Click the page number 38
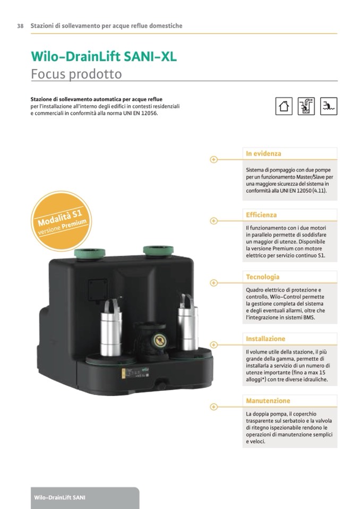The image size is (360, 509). pyautogui.click(x=20, y=26)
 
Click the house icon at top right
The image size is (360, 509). pyautogui.click(x=284, y=106)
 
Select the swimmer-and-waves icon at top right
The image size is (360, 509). pyautogui.click(x=329, y=106)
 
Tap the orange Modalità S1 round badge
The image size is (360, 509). pyautogui.click(x=62, y=221)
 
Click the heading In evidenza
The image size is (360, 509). pyautogui.click(x=263, y=153)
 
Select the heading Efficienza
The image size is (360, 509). pyautogui.click(x=261, y=215)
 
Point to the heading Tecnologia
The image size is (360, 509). pyautogui.click(x=263, y=277)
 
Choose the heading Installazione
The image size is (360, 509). pyautogui.click(x=265, y=339)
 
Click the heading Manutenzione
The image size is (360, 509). pyautogui.click(x=268, y=401)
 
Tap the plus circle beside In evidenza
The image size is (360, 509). pyautogui.click(x=213, y=160)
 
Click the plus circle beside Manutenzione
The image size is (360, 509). pyautogui.click(x=213, y=407)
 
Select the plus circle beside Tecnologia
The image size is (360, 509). pyautogui.click(x=213, y=283)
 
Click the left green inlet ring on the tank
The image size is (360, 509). pyautogui.click(x=90, y=253)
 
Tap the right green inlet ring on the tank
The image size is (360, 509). pyautogui.click(x=158, y=251)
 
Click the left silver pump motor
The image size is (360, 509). pyautogui.click(x=111, y=328)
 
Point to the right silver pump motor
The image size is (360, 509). pyautogui.click(x=188, y=323)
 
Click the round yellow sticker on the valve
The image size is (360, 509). pyautogui.click(x=160, y=340)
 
